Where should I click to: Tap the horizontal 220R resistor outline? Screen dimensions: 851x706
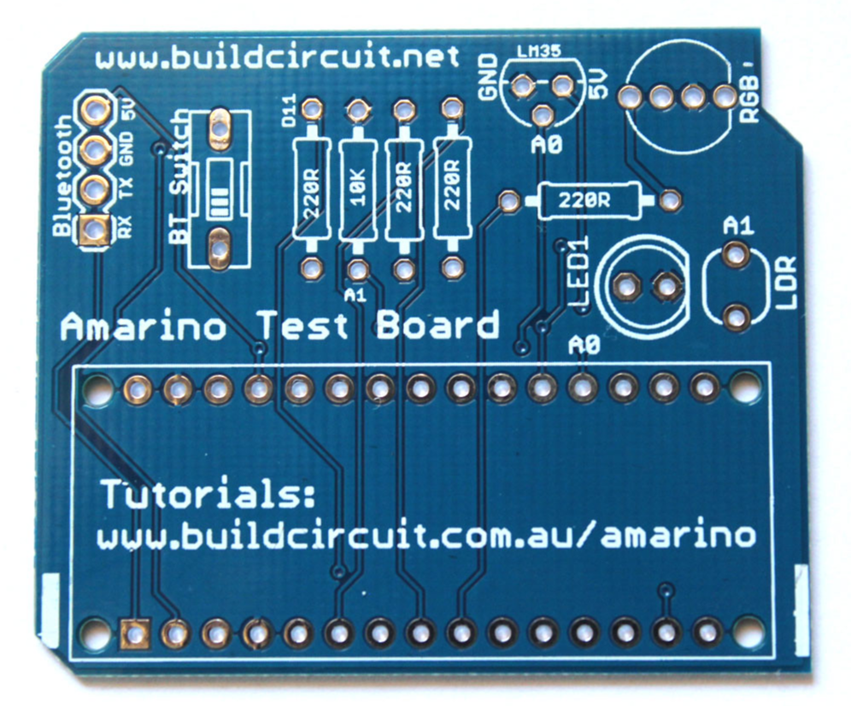point(584,201)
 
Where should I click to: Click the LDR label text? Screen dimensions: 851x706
point(788,282)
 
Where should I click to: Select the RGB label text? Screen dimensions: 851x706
point(749,94)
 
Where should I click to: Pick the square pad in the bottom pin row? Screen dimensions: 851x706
point(133,632)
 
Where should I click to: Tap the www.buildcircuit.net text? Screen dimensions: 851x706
point(279,58)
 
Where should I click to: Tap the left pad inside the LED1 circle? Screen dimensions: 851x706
point(630,285)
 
